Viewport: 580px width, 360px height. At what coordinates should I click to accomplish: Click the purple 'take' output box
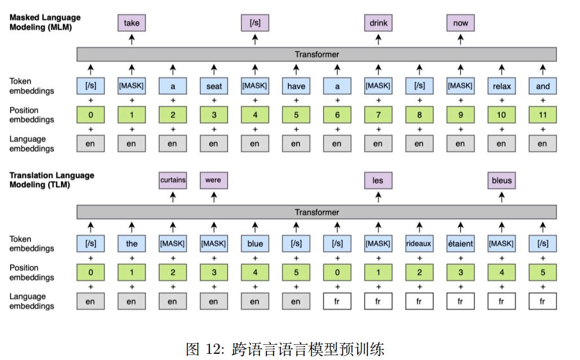point(131,23)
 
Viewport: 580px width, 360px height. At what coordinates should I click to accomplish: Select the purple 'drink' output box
point(378,23)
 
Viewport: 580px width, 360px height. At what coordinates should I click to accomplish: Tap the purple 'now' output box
point(460,23)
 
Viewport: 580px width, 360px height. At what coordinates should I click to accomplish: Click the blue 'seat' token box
point(213,86)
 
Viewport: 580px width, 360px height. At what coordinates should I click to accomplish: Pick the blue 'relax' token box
point(501,86)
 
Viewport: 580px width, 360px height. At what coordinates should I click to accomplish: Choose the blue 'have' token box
point(296,86)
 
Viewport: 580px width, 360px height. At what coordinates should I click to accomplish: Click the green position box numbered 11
point(542,115)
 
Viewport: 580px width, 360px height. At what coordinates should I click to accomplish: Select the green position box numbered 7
point(378,115)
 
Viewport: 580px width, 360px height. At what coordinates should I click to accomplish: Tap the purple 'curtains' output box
point(173,181)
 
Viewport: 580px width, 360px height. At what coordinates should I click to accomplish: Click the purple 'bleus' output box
point(501,181)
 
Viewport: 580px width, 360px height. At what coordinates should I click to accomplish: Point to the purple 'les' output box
point(378,181)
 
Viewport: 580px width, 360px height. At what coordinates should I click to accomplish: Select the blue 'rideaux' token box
point(419,244)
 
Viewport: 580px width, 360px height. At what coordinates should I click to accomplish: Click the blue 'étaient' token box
point(460,244)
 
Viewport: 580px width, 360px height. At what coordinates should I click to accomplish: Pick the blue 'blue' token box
point(254,244)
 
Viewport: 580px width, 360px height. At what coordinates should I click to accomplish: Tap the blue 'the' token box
point(131,244)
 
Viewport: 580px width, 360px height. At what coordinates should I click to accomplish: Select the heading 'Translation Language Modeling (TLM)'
point(51,180)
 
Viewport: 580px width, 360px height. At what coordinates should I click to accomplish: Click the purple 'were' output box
point(213,181)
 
